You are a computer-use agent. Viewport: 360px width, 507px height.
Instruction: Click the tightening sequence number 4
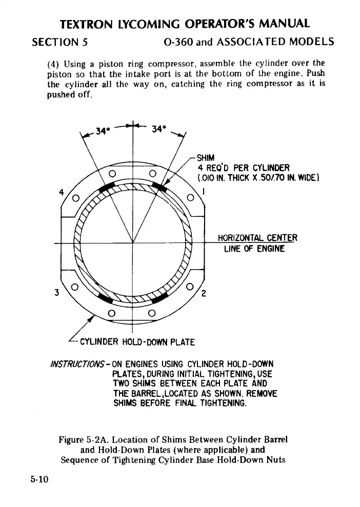(x=62, y=193)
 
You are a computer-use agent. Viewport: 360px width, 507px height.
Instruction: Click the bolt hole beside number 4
(x=76, y=198)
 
